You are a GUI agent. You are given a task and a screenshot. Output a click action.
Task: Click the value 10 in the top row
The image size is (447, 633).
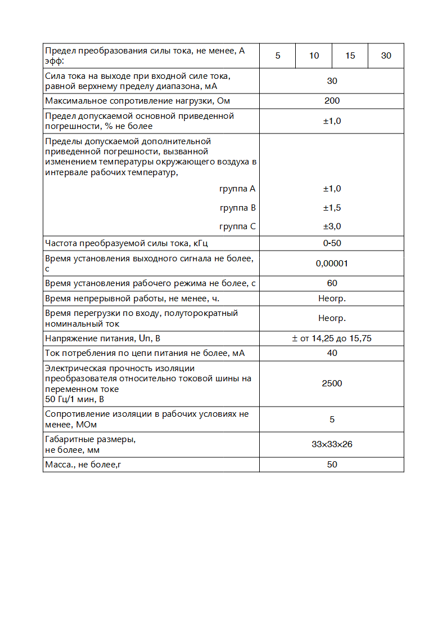[x=314, y=56]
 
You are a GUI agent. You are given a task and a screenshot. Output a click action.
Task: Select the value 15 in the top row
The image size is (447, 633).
[x=350, y=56]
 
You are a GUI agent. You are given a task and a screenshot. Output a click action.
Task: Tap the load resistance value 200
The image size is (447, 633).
[x=332, y=101]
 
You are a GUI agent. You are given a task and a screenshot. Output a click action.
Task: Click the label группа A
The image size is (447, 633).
[x=238, y=189]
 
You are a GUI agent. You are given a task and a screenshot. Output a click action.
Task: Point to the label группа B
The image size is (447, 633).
[x=238, y=208]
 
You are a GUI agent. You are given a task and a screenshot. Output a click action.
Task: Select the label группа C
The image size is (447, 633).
[x=238, y=226]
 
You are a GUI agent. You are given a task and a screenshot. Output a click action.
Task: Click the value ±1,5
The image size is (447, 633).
[x=332, y=208]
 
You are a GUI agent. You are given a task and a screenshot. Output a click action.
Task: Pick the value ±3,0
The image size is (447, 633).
[x=332, y=226]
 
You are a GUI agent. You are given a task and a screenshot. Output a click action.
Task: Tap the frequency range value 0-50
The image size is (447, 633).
[x=332, y=243]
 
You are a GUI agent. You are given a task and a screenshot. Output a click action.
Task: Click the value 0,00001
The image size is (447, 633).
[x=332, y=263]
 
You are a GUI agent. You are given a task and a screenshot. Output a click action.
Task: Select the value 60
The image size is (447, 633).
[x=332, y=283]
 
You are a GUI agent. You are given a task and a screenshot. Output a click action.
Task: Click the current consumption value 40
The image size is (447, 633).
[x=332, y=353]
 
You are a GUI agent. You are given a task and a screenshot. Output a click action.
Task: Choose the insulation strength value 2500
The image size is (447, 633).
[x=332, y=384]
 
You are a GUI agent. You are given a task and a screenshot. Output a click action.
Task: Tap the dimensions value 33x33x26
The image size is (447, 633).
[x=332, y=444]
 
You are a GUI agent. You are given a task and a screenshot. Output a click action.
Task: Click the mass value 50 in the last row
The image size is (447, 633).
[x=332, y=465]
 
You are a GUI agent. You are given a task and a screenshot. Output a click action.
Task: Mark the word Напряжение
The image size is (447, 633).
[x=69, y=338]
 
